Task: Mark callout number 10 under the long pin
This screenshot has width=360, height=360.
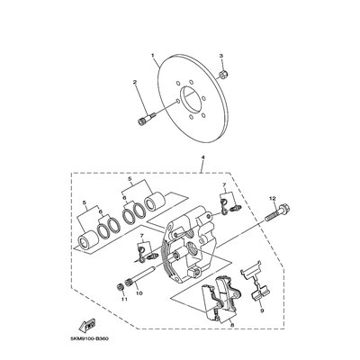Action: pyautogui.click(x=139, y=292)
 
